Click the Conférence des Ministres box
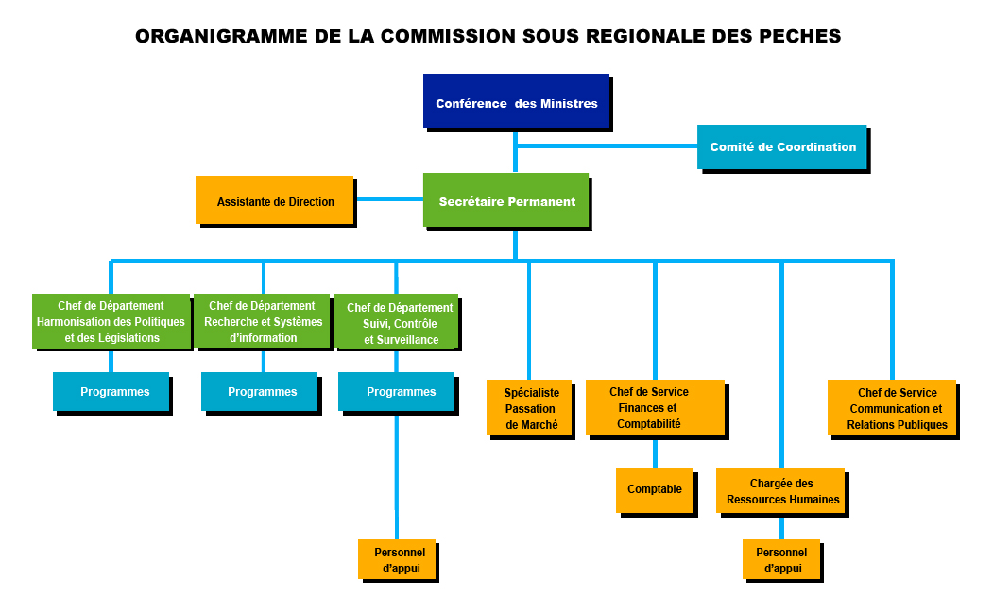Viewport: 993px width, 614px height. click(516, 101)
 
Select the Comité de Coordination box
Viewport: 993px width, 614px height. click(782, 146)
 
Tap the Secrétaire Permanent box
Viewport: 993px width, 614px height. click(506, 200)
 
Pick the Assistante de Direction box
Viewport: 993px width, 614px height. click(274, 200)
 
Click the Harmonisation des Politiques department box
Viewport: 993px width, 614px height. click(111, 321)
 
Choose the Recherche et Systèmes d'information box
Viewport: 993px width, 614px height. click(262, 321)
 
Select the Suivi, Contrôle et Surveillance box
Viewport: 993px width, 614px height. click(396, 321)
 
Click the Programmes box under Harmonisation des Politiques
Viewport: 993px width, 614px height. click(111, 392)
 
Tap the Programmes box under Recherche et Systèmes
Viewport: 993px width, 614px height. click(260, 392)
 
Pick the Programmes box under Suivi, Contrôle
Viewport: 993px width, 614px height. click(397, 392)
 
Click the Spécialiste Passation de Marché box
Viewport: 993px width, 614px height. click(529, 408)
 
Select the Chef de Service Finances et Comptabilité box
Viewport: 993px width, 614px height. click(656, 408)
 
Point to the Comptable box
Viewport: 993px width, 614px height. click(655, 490)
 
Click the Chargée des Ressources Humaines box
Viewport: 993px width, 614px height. click(780, 490)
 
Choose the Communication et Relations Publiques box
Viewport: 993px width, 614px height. click(892, 408)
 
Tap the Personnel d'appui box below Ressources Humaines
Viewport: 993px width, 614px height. click(781, 559)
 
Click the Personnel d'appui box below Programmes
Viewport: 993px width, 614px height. click(397, 559)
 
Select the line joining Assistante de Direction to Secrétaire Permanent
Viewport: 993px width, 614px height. click(388, 199)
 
